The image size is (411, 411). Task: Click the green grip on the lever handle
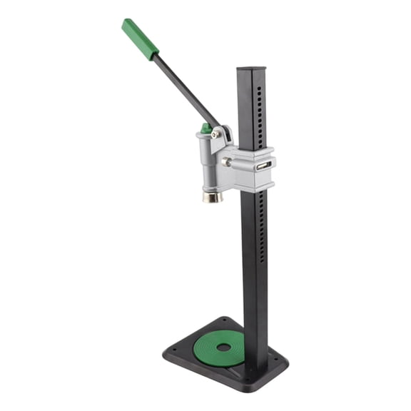[x=140, y=39]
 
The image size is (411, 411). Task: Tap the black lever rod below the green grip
[x=187, y=90]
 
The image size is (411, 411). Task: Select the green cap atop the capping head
[x=206, y=128]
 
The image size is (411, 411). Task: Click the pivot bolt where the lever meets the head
[x=215, y=134]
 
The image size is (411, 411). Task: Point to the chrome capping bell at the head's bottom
[x=212, y=196]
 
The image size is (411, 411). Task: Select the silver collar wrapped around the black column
[x=254, y=168]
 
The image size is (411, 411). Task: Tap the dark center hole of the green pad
[x=223, y=347]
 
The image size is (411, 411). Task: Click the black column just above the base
[x=255, y=342]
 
